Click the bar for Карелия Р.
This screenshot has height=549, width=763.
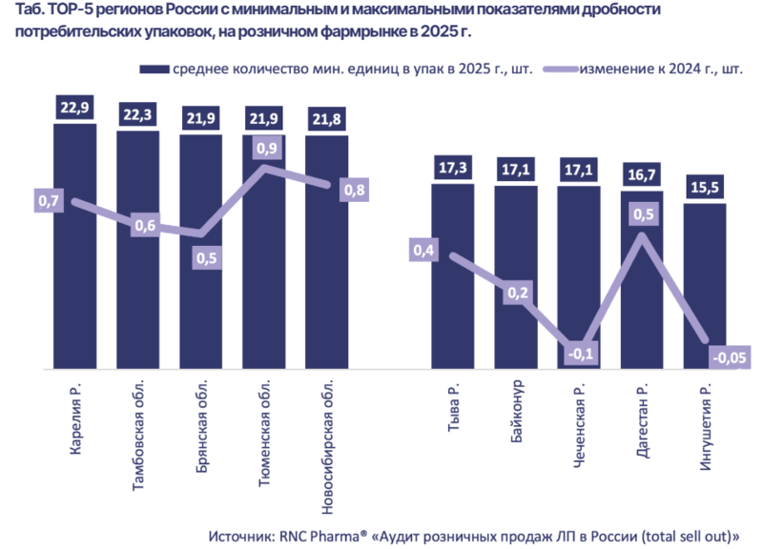[x=74, y=286]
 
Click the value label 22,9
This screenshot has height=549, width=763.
[x=74, y=108]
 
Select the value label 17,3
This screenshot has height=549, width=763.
[x=453, y=168]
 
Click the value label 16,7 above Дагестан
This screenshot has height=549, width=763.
[x=642, y=175]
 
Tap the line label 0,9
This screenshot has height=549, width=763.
[x=267, y=149]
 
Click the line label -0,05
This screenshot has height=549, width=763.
[x=731, y=357]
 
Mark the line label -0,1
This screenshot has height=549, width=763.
[x=579, y=354]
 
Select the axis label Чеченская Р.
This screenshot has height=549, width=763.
[x=580, y=428]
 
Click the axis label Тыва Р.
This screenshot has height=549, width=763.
[x=454, y=410]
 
